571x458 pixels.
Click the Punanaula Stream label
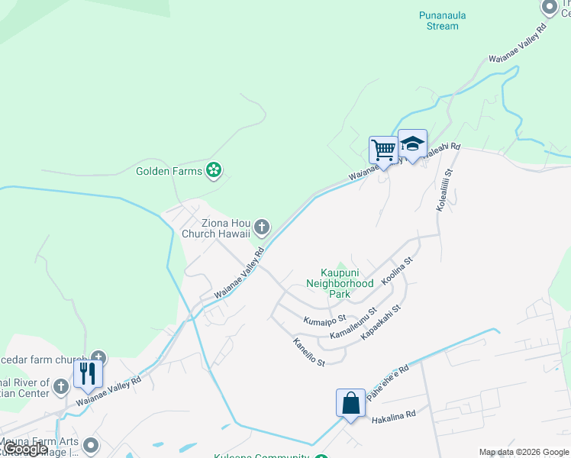tap(439, 20)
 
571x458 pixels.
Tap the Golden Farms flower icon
tap(215, 169)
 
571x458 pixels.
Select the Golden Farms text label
tap(169, 170)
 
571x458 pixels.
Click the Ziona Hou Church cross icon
tap(262, 226)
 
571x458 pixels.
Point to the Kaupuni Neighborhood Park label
tap(338, 282)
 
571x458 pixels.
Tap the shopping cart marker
tap(382, 149)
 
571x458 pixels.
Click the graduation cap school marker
tap(412, 144)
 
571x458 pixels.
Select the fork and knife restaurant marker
tap(88, 373)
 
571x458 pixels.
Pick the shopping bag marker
tap(350, 402)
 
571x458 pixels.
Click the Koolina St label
tap(397, 270)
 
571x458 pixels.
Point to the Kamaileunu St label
tap(353, 324)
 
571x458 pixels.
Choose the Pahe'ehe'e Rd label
tap(388, 382)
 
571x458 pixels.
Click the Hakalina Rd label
tap(393, 418)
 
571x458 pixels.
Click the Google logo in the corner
tap(24, 449)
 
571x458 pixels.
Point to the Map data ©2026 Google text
tap(523, 452)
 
